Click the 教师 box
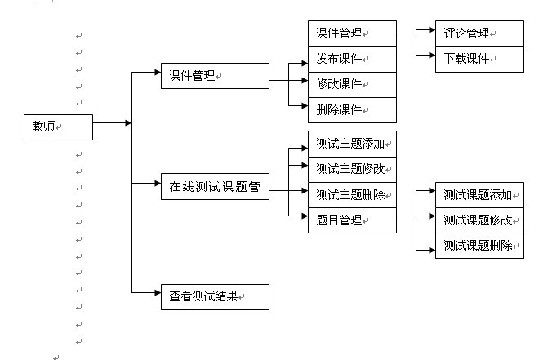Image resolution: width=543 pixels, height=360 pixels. pos(58,127)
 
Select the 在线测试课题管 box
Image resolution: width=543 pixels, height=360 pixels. pos(215,187)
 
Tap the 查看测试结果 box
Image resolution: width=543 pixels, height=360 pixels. pos(215,296)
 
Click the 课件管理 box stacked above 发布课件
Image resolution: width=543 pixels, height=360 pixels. pos(352,33)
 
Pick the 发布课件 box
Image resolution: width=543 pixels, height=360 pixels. pos(352,59)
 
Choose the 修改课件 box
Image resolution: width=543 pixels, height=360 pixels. pos(352,84)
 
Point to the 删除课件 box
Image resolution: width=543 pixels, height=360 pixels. pos(352,109)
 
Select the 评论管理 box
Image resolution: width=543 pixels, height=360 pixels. pos(478,33)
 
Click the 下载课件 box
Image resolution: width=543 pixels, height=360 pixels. pos(478,59)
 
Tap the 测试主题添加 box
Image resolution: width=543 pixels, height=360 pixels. pos(352,144)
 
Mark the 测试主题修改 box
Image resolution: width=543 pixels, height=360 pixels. pos(352,169)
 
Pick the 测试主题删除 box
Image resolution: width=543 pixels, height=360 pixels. pos(352,194)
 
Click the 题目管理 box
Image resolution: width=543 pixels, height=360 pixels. pos(352,220)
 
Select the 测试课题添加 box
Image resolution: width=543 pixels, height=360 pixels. pos(478,194)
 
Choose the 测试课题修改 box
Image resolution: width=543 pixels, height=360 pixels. pos(478,220)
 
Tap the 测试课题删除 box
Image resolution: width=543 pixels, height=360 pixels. pos(478,245)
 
